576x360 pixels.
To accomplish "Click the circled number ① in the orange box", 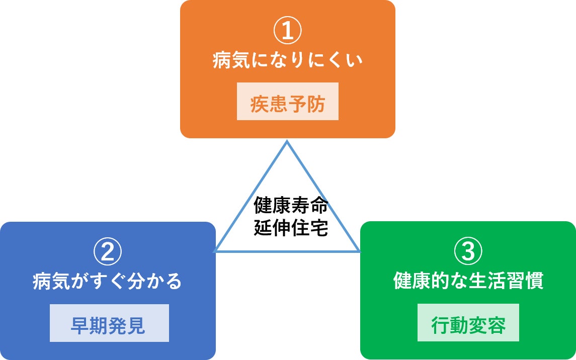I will point(288,31).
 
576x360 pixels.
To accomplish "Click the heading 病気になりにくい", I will point(288,61).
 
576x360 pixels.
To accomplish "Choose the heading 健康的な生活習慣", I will point(468,281).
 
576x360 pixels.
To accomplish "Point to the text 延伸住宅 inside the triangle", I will point(291,228).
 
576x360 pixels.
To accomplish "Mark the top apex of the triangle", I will point(287,142).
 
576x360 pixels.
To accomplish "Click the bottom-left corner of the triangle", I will point(215,251).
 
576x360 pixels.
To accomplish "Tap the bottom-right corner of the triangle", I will point(359,251).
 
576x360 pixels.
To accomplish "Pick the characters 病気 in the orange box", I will point(229,61).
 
